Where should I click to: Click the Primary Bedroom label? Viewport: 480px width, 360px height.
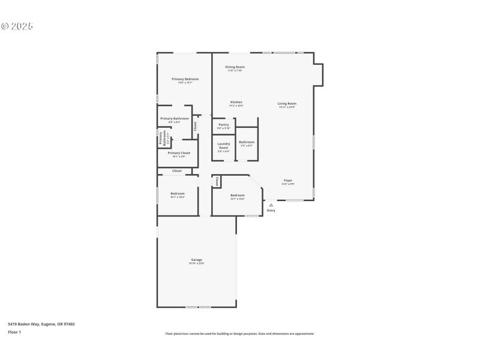[x=185, y=79]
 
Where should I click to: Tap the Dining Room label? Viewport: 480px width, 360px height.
[x=235, y=67]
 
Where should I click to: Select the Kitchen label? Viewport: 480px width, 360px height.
[x=236, y=103]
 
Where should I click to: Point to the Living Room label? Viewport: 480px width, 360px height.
[x=287, y=104]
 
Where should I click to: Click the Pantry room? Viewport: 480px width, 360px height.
[x=223, y=125]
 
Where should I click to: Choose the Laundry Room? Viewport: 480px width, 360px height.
[x=223, y=147]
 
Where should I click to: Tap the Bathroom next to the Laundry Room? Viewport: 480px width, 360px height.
[x=247, y=143]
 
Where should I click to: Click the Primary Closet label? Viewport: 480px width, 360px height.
[x=179, y=153]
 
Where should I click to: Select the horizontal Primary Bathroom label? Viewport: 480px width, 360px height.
[x=174, y=119]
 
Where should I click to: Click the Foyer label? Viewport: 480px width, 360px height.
[x=288, y=181]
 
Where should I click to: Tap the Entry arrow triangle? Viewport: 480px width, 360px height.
[x=271, y=205]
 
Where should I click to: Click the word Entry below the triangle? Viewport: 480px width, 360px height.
[x=271, y=211]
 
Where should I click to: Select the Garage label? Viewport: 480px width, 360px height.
[x=196, y=260]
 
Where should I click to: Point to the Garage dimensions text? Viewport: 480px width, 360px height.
[x=196, y=263]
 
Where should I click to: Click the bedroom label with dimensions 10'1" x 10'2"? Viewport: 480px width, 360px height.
[x=177, y=194]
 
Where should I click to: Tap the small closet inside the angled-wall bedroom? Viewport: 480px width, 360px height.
[x=217, y=181]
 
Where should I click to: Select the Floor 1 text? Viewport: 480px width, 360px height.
[x=14, y=332]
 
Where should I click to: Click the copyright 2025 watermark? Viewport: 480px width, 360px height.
[x=17, y=26]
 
